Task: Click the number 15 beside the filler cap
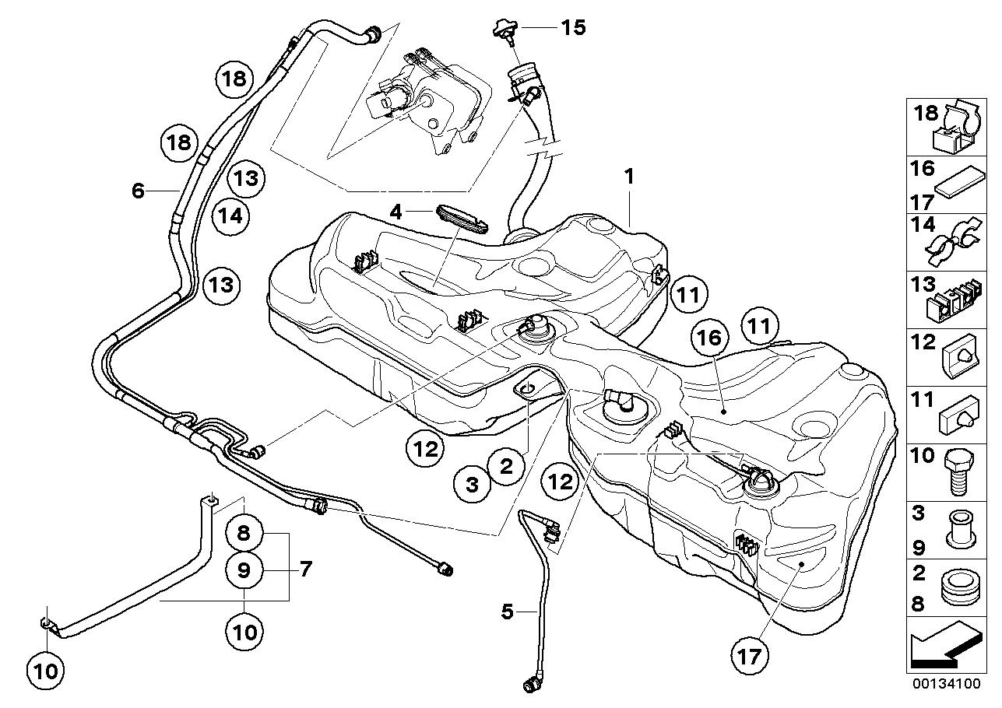(x=574, y=28)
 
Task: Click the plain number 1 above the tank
(x=629, y=177)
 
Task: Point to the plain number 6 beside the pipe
(x=139, y=191)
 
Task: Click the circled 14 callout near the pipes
(x=230, y=216)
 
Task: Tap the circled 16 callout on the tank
(x=710, y=338)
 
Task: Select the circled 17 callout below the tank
(x=749, y=657)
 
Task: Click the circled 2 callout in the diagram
(x=506, y=467)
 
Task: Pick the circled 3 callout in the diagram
(x=472, y=485)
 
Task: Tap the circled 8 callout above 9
(x=244, y=533)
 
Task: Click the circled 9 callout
(x=244, y=571)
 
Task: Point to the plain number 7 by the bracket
(x=305, y=570)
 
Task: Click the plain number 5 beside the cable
(x=507, y=612)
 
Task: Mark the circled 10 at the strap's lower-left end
(x=46, y=671)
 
